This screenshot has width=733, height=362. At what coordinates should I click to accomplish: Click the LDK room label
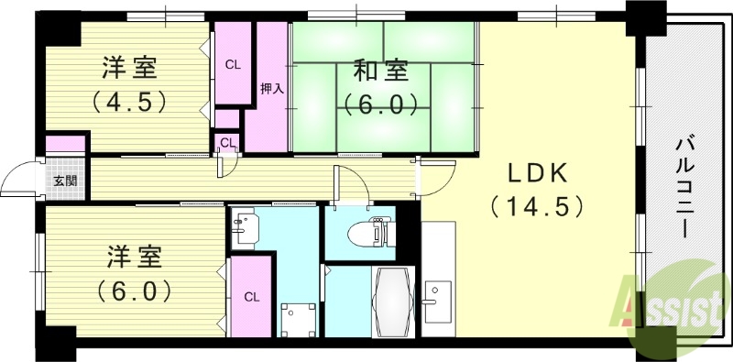coord(537,172)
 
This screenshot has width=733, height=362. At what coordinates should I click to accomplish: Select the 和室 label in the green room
coord(382,70)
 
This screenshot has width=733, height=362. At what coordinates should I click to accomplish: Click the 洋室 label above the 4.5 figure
coord(128,68)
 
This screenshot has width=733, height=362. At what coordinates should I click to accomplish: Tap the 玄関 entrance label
coord(65,181)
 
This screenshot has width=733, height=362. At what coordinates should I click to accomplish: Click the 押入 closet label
coord(272,89)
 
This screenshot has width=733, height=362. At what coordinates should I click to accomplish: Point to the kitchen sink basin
coord(432,301)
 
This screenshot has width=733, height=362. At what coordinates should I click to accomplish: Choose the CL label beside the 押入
coord(233,64)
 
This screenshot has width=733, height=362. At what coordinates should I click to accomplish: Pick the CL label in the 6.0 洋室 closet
coord(251,297)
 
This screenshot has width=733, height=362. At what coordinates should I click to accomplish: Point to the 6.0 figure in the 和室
coord(382,103)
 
